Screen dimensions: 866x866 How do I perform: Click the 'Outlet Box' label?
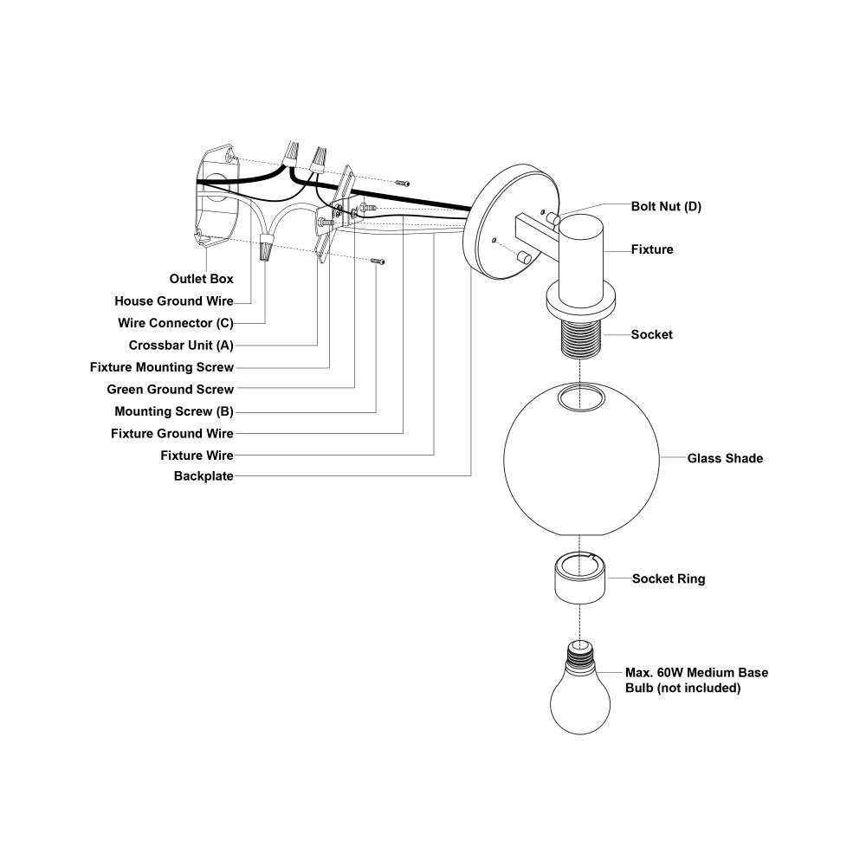click(x=202, y=279)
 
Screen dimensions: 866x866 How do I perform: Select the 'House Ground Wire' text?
click(x=174, y=301)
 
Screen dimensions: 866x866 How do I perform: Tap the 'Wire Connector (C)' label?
click(x=176, y=323)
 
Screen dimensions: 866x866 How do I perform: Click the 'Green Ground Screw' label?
click(x=170, y=389)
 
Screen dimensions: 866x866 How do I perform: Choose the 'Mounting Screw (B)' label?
click(x=174, y=411)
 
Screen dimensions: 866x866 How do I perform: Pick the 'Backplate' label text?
click(x=204, y=476)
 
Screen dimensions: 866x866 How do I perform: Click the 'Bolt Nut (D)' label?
click(x=666, y=207)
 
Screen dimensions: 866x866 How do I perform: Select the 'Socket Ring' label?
click(x=669, y=578)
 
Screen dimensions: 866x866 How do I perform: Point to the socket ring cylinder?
click(x=578, y=576)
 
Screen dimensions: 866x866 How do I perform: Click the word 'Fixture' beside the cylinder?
click(x=652, y=249)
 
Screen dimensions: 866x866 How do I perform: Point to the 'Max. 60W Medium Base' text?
click(x=696, y=672)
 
